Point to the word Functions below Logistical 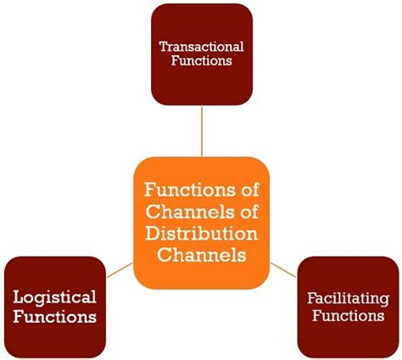(x=54, y=318)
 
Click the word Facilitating (x=348, y=298)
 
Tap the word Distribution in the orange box (x=201, y=232)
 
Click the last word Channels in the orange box (x=201, y=253)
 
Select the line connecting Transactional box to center (x=202, y=130)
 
